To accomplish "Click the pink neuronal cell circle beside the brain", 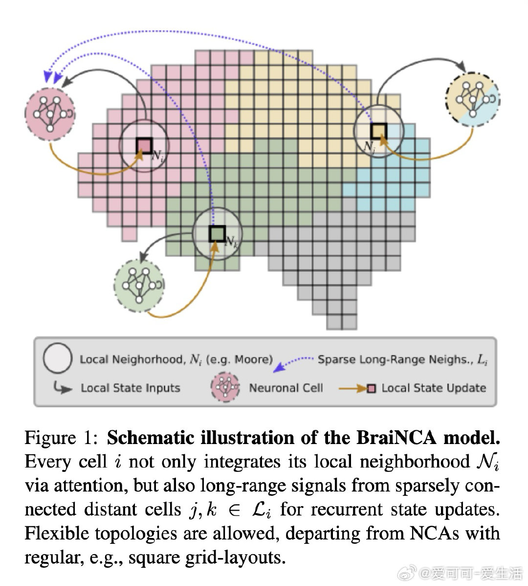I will [x=50, y=112].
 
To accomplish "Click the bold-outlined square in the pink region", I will [x=144, y=145].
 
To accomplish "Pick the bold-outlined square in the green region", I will [x=216, y=233].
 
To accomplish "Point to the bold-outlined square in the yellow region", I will [x=378, y=131].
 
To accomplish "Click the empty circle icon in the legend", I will [x=58, y=358].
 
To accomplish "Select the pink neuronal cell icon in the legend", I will [x=225, y=388].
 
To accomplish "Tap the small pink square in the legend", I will [x=372, y=389].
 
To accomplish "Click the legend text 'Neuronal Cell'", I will [x=286, y=388].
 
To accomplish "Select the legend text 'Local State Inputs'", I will [x=131, y=388].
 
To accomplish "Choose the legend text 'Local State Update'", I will [x=434, y=388].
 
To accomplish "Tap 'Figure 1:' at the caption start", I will [x=62, y=437].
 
